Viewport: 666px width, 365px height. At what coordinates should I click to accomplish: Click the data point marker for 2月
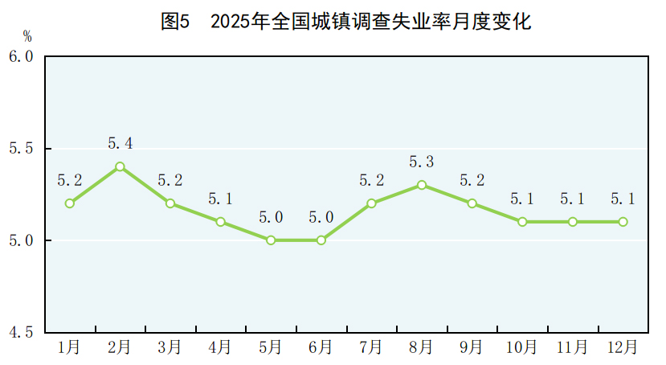click(x=120, y=166)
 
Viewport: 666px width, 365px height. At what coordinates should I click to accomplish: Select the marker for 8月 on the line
click(x=421, y=185)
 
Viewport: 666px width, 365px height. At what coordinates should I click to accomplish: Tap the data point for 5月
click(x=271, y=240)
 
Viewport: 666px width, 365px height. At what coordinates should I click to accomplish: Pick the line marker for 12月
click(x=623, y=222)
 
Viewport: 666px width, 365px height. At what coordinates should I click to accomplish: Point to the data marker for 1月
click(x=70, y=203)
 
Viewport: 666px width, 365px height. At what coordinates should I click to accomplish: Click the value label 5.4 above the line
click(x=120, y=144)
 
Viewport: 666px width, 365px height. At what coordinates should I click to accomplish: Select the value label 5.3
click(x=421, y=162)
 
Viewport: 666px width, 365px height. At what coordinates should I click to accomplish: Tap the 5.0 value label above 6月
click(x=321, y=217)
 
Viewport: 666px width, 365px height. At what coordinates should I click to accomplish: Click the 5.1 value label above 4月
click(x=220, y=199)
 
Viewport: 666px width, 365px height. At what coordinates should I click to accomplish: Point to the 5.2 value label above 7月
click(x=371, y=180)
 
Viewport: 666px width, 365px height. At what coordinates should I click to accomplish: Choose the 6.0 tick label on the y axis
click(x=21, y=57)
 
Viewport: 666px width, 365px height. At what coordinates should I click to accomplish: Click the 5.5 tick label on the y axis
click(x=21, y=149)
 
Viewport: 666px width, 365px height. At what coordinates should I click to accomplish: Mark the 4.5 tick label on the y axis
click(x=21, y=332)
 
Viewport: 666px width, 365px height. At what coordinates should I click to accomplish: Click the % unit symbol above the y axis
click(x=27, y=36)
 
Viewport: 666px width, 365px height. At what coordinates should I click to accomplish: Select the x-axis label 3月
click(x=170, y=347)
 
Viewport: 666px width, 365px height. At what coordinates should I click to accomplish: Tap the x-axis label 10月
click(x=522, y=347)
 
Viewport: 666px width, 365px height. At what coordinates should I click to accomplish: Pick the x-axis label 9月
click(x=472, y=347)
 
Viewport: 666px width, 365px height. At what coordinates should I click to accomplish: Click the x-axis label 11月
click(x=572, y=347)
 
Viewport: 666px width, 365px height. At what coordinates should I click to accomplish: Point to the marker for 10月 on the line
click(x=522, y=222)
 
